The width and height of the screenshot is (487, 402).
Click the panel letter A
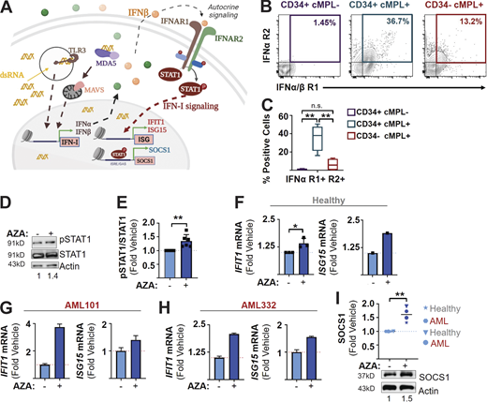[x=7, y=7]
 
